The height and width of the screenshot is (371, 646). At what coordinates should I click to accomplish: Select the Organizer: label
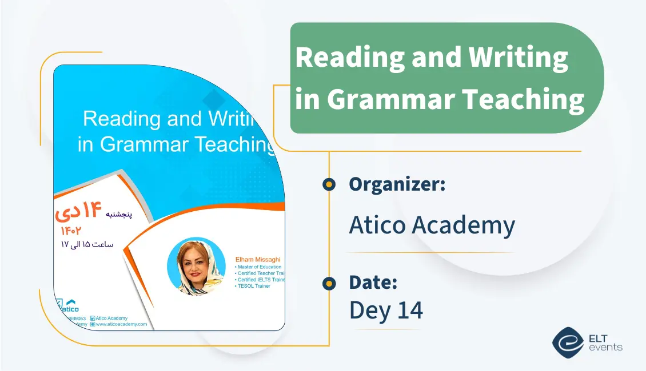[397, 184]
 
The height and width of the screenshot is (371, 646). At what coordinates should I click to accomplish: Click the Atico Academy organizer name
[432, 225]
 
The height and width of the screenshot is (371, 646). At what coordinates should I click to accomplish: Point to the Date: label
[373, 283]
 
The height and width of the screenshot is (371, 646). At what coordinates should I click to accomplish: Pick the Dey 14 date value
[386, 310]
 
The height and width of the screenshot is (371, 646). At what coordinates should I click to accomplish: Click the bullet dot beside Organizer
[329, 184]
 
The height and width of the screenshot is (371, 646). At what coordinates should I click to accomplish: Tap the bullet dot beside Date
[329, 283]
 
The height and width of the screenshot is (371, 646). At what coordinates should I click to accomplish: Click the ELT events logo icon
[568, 341]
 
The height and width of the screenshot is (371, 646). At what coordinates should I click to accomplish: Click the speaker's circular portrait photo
[193, 267]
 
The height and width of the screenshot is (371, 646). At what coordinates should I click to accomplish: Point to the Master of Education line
[259, 267]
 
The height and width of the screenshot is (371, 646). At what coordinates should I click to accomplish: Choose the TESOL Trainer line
[253, 286]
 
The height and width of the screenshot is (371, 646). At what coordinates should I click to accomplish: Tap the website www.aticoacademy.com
[121, 324]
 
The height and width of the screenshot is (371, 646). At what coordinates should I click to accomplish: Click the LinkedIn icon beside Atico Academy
[93, 318]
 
